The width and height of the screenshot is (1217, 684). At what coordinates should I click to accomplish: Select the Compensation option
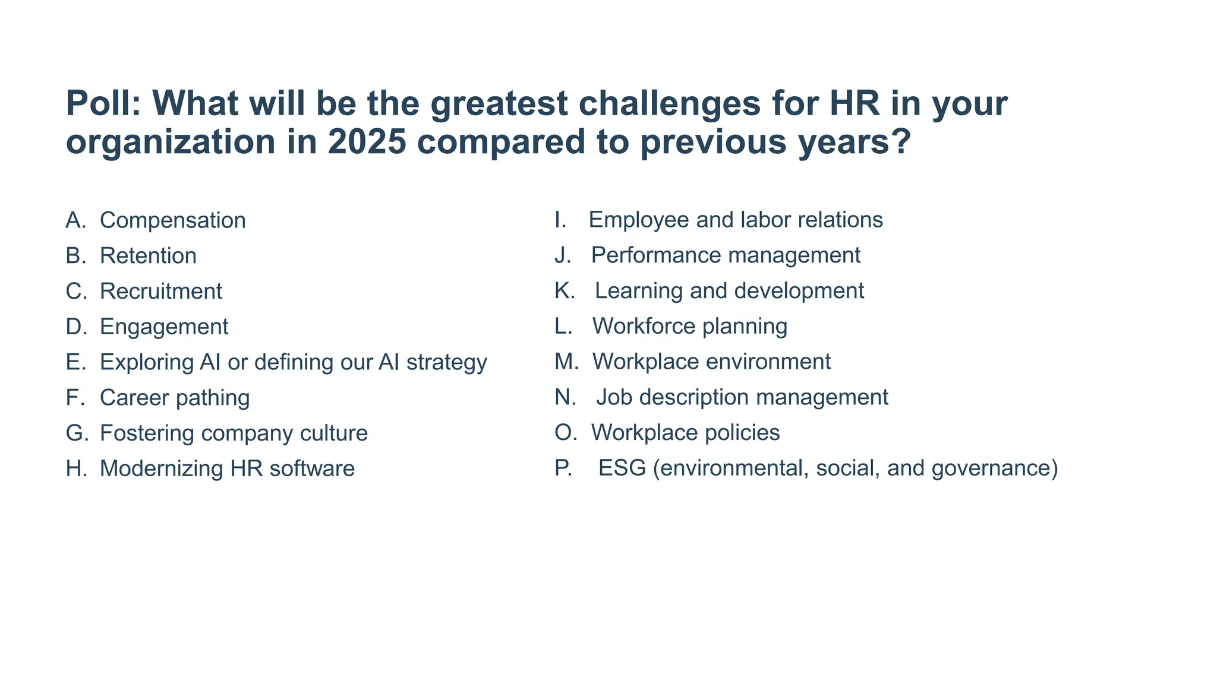[x=172, y=220]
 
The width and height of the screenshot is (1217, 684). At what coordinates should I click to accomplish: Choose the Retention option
[x=148, y=256]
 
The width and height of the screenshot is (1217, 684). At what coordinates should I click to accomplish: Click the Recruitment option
[x=160, y=292]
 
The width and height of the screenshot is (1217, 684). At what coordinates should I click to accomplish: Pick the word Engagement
[x=164, y=327]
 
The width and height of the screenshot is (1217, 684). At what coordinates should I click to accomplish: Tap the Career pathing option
[x=175, y=398]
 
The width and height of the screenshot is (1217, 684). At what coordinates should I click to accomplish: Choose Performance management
[x=725, y=255]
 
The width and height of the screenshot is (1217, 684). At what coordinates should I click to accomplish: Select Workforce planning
[x=689, y=327]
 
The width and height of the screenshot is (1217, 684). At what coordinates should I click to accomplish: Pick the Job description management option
[x=742, y=397]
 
